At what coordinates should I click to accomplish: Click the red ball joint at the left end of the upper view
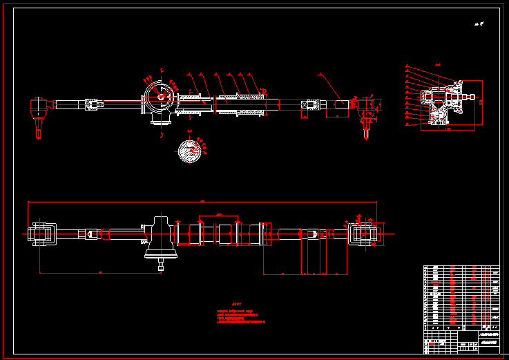pyautogui.click(x=41, y=106)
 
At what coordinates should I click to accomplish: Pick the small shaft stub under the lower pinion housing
pyautogui.click(x=160, y=264)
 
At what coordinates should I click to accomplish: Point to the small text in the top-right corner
pyautogui.click(x=479, y=24)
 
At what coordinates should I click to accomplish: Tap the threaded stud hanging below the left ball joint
pyautogui.click(x=39, y=127)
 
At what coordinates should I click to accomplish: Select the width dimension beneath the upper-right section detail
pyautogui.click(x=447, y=129)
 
